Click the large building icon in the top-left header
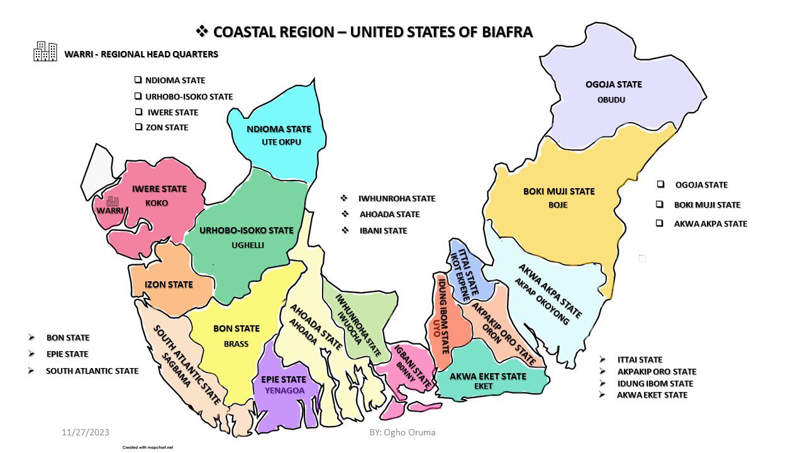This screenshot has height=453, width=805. coord(45,52)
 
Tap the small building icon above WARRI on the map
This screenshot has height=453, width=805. coord(113,201)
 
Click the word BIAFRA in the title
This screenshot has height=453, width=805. coord(501,31)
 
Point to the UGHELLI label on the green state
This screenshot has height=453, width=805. coord(247,244)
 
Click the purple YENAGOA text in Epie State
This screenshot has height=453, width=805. coord(283,391)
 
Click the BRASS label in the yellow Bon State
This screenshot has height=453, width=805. coord(236,344)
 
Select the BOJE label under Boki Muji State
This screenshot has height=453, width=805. coord(558,205)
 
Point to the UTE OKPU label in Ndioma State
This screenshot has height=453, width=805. coord(281,142)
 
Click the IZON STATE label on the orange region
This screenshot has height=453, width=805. coord(169,284)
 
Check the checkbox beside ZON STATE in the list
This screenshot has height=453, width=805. coord(138,126)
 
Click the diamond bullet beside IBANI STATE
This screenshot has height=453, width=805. coord(345,230)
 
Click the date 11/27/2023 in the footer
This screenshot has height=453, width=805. coord(86,432)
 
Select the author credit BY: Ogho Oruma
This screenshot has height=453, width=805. coord(402,432)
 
